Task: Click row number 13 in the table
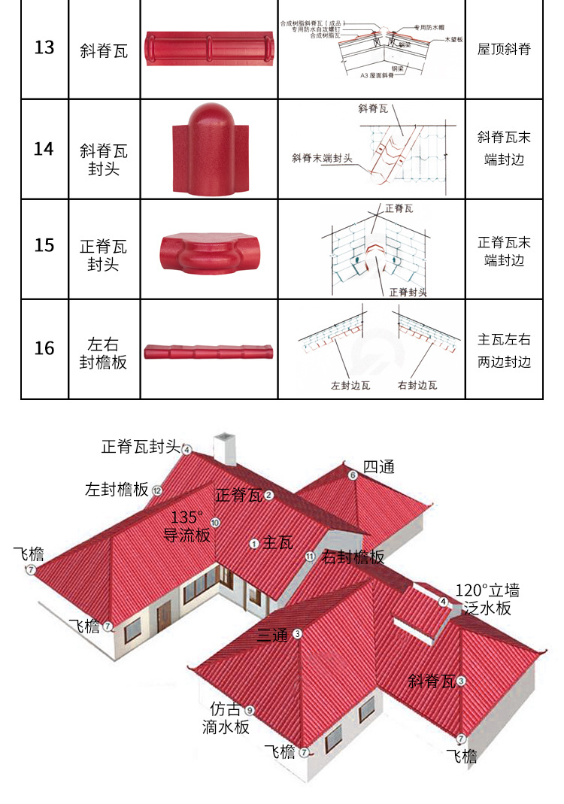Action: click(x=44, y=48)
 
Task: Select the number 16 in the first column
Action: click(x=44, y=348)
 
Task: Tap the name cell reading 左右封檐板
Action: click(x=103, y=354)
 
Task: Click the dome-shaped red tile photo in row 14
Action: click(x=208, y=148)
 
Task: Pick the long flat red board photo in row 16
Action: click(x=208, y=351)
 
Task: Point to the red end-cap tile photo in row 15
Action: click(x=208, y=248)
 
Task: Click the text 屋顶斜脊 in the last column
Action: click(x=504, y=50)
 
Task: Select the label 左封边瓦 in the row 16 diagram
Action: click(x=351, y=385)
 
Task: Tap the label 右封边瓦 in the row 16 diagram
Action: click(x=417, y=385)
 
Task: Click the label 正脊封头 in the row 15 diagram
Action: click(x=408, y=292)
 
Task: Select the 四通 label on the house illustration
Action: click(x=378, y=467)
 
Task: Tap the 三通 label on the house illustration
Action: click(x=272, y=635)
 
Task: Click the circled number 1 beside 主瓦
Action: click(x=254, y=543)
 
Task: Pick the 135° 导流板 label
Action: click(x=187, y=526)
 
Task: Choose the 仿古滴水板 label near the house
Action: click(x=226, y=718)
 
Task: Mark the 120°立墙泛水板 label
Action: click(x=487, y=599)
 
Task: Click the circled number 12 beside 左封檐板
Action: click(x=157, y=490)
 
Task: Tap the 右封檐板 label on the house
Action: click(x=353, y=557)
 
